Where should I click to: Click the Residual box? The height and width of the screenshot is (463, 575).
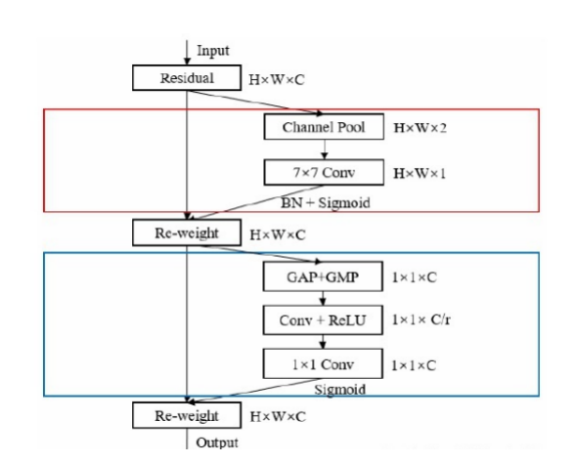pyautogui.click(x=187, y=78)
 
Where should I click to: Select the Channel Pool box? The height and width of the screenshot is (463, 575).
pyautogui.click(x=324, y=127)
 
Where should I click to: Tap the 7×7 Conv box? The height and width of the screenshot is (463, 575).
pyautogui.click(x=324, y=172)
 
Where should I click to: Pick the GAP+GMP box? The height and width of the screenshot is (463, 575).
pyautogui.click(x=323, y=276)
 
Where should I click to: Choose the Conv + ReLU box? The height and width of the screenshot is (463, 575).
pyautogui.click(x=323, y=319)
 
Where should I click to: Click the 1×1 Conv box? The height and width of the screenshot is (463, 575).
pyautogui.click(x=323, y=363)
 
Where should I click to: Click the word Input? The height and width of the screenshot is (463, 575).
pyautogui.click(x=213, y=51)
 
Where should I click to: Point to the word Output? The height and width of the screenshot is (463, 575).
pyautogui.click(x=217, y=442)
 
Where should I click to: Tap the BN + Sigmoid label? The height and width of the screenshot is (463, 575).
pyautogui.click(x=326, y=202)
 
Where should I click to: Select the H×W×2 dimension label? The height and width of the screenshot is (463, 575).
pyautogui.click(x=420, y=128)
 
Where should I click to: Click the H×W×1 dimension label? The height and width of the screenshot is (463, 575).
pyautogui.click(x=420, y=173)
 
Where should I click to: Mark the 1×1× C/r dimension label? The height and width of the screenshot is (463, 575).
pyautogui.click(x=421, y=319)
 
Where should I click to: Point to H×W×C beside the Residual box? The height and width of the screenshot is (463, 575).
pyautogui.click(x=277, y=80)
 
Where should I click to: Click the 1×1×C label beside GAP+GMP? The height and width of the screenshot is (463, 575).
pyautogui.click(x=415, y=277)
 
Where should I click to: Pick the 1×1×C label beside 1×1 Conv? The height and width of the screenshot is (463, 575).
pyautogui.click(x=414, y=365)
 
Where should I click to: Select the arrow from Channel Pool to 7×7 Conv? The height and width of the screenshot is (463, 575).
pyautogui.click(x=325, y=149)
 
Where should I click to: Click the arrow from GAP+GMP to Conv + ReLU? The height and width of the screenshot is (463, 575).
pyautogui.click(x=323, y=299)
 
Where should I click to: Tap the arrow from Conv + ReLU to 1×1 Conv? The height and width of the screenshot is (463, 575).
pyautogui.click(x=323, y=342)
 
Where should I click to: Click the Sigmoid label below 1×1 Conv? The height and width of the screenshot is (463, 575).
pyautogui.click(x=340, y=390)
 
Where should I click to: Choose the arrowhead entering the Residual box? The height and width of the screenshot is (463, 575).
pyautogui.click(x=187, y=62)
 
